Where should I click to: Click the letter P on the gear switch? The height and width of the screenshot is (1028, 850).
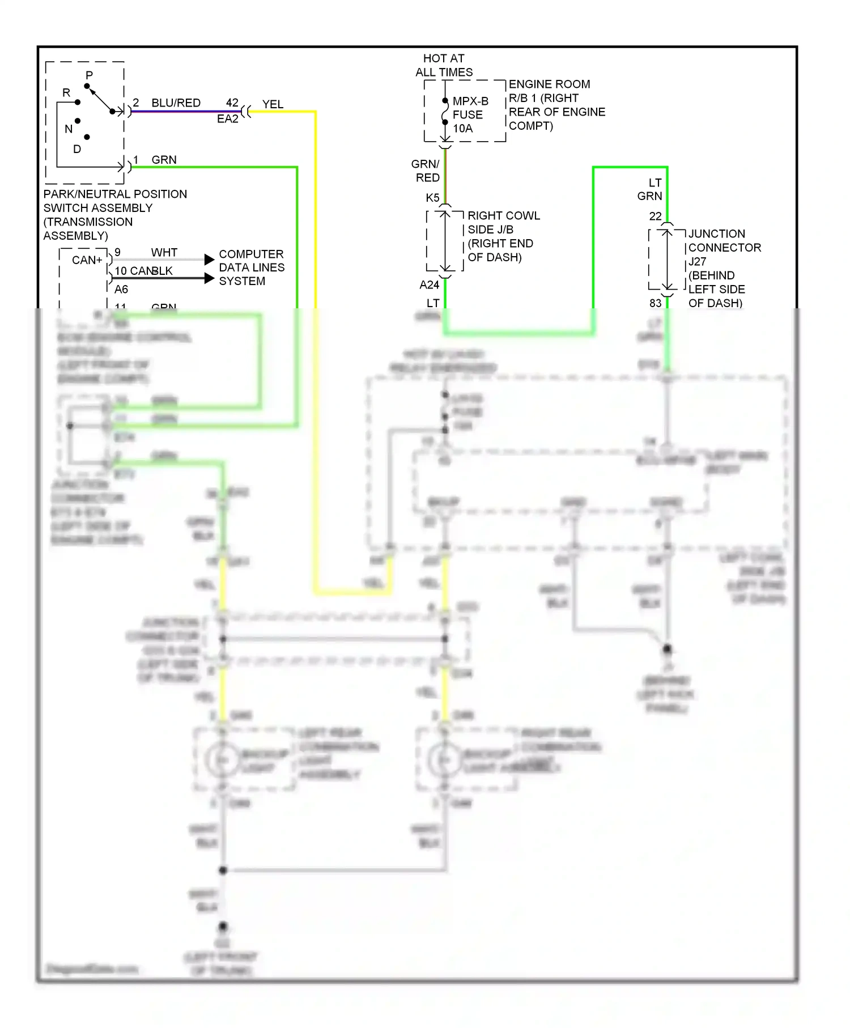coord(89,75)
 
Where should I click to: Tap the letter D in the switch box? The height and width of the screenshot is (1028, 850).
coord(77,149)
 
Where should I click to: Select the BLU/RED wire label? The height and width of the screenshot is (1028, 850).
coord(176,103)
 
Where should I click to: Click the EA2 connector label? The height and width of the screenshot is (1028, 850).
coord(228,119)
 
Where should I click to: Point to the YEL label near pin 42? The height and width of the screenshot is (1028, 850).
coord(273,104)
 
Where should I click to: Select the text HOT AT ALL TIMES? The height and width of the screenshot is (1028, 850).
coord(444,65)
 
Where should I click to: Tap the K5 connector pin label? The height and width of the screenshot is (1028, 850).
coord(432,198)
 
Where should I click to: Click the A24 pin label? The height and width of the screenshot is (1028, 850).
coord(430,285)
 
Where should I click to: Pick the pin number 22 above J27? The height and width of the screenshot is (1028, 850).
coord(655,216)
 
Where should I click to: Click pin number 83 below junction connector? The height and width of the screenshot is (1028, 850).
coord(655,303)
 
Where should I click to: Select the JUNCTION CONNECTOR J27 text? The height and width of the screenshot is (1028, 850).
coord(724,248)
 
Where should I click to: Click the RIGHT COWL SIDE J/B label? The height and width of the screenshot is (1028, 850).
coord(503,222)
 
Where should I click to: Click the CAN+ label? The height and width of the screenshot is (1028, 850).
coord(87,260)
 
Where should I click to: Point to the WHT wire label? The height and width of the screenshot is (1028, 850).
coord(164,252)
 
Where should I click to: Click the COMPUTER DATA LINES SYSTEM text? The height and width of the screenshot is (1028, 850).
coord(251,267)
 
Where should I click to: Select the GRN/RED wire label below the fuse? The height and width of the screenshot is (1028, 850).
coord(426,171)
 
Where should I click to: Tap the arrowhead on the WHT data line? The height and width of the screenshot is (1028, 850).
coord(209,260)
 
